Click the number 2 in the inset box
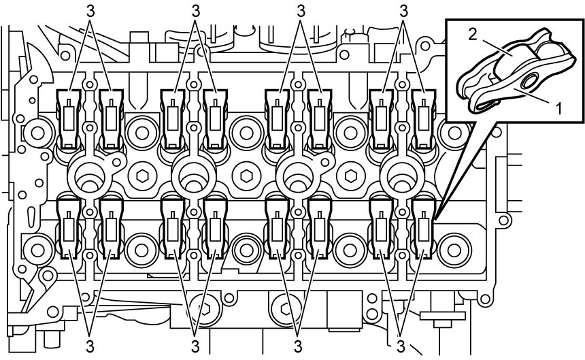point(472,35)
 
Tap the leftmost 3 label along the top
point(90,12)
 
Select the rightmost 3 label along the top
point(403,12)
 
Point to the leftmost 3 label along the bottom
point(90,346)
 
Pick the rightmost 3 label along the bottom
point(401,346)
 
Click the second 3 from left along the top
point(195,12)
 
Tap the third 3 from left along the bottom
point(297,346)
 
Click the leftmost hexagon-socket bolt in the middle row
point(141,176)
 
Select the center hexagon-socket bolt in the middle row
point(246,176)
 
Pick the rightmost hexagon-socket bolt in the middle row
point(350,176)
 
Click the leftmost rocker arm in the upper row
point(68,119)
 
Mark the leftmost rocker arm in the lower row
point(68,227)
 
